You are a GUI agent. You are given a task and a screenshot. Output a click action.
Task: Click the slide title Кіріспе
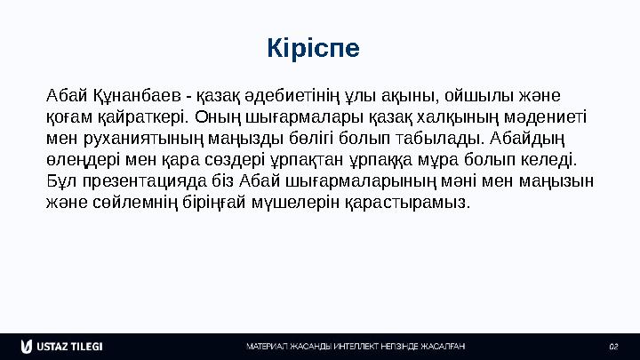point(314,47)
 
